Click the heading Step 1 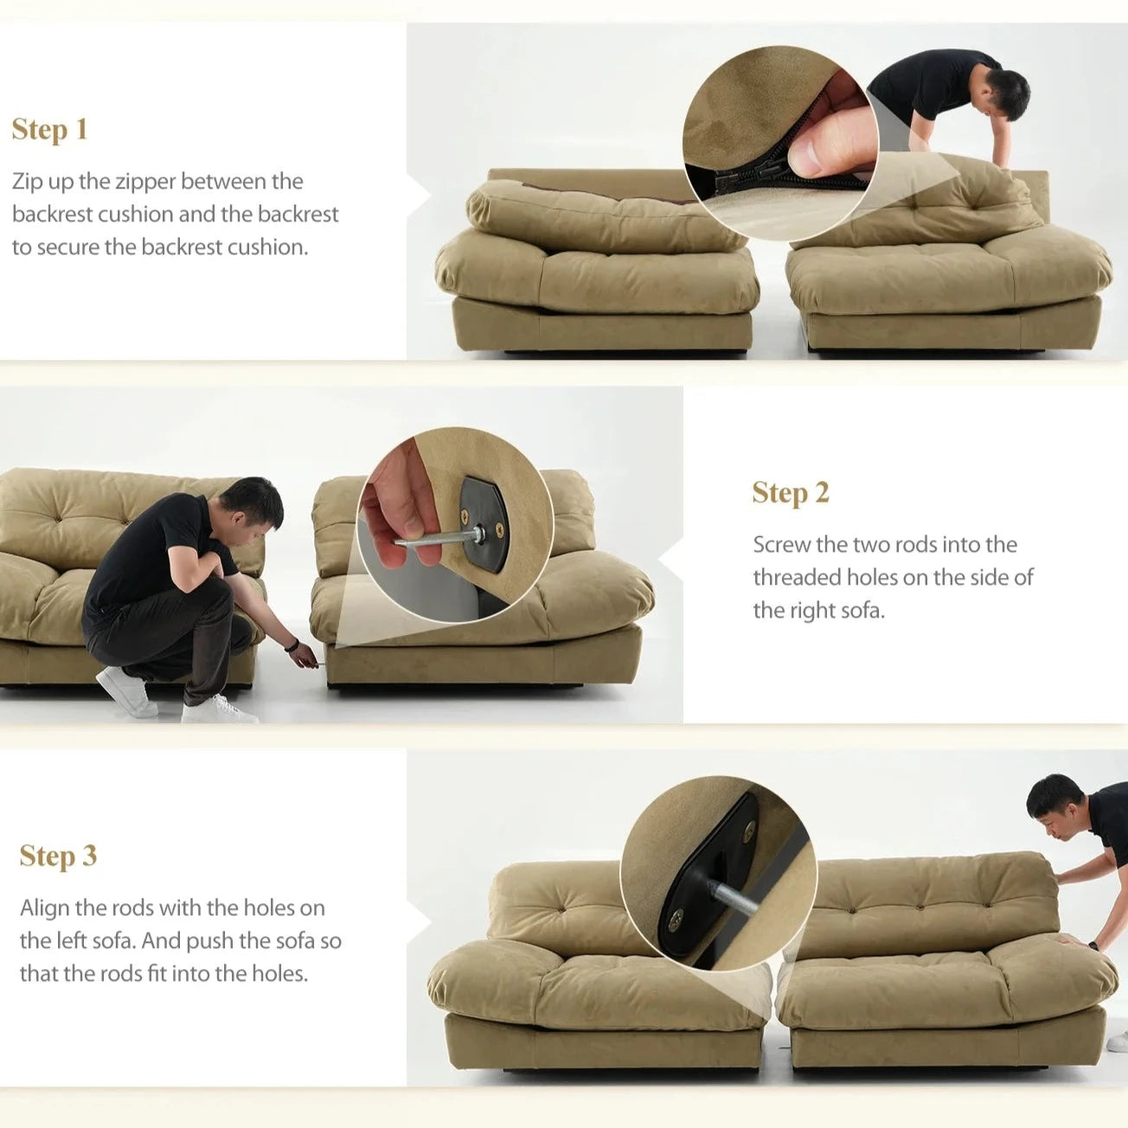49,130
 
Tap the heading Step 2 790,493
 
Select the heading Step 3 58,856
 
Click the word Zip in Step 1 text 28,182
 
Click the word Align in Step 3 44,908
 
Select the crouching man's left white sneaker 126,691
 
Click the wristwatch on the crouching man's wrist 293,644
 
